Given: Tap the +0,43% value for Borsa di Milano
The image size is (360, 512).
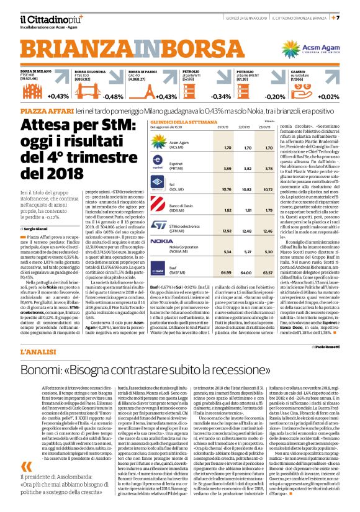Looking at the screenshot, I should pyautogui.click(x=57, y=97).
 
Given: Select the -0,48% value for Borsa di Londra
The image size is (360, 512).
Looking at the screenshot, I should pyautogui.click(x=112, y=97).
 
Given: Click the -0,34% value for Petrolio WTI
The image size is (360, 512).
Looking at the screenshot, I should pyautogui.click(x=221, y=97).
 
